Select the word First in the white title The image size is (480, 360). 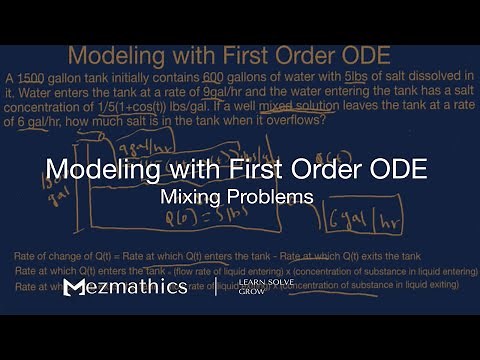[254, 168]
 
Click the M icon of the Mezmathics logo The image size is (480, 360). [75, 288]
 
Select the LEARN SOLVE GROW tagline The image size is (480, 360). [258, 289]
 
